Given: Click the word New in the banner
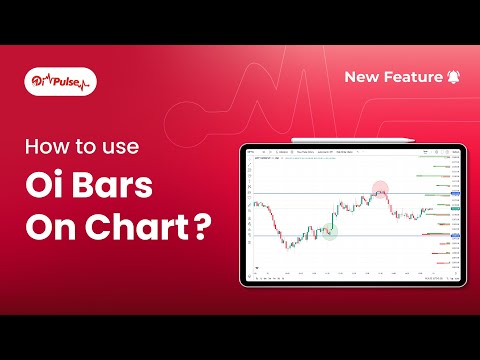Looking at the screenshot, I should coord(362,77).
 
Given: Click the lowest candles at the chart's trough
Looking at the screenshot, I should coord(288,243).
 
